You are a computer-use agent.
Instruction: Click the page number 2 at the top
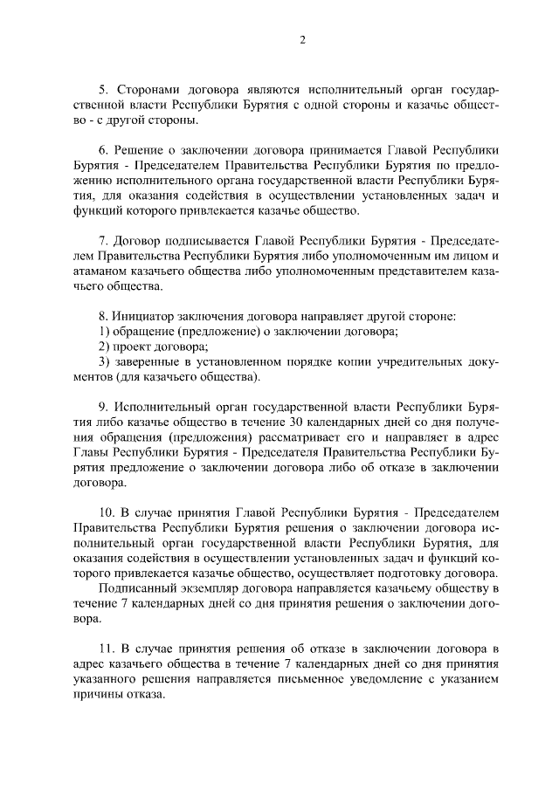[x=301, y=40]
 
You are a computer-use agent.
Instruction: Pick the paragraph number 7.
[x=100, y=240]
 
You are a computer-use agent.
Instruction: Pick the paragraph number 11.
[x=104, y=648]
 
